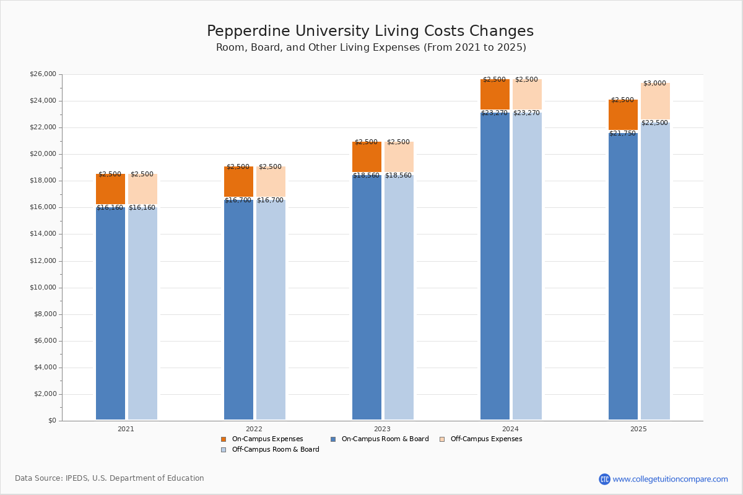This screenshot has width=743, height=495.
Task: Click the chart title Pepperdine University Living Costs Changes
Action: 370,32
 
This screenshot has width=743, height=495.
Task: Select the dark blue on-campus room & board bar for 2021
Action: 110,312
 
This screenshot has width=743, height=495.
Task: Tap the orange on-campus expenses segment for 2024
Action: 495,95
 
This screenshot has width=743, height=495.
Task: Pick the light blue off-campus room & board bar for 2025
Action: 655,272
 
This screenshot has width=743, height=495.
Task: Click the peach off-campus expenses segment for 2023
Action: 399,157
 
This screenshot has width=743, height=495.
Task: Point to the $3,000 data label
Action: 654,84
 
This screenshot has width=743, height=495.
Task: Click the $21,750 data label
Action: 622,134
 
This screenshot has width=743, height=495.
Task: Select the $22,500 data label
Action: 654,123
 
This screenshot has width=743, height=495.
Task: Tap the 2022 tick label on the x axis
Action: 254,429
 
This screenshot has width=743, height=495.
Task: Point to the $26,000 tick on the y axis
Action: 43,74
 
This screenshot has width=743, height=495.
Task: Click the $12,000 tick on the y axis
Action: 43,261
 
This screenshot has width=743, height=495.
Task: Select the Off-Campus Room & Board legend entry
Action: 275,450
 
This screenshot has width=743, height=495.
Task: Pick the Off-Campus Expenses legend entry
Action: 485,439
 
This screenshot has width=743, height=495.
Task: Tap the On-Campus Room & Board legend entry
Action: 385,439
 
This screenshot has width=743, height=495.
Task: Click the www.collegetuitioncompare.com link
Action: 670,480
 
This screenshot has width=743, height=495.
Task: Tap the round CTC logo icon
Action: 604,480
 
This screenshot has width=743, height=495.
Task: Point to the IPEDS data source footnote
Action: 110,478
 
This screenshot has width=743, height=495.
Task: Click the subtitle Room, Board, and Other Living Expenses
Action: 371,48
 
